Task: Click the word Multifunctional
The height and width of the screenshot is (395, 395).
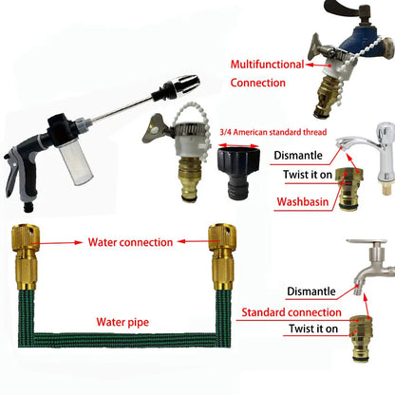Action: pyautogui.click(x=267, y=65)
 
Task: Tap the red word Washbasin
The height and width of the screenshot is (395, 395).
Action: pyautogui.click(x=303, y=201)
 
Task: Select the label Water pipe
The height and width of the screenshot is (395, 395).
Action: pyautogui.click(x=122, y=322)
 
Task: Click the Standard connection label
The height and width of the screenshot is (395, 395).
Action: pyautogui.click(x=292, y=312)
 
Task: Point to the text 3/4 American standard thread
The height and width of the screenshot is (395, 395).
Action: pyautogui.click(x=273, y=132)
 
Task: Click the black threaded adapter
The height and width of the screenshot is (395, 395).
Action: pyautogui.click(x=239, y=174)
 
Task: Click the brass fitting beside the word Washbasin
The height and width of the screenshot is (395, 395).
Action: pyautogui.click(x=348, y=189)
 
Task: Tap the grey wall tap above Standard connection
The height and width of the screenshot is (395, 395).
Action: pyautogui.click(x=373, y=266)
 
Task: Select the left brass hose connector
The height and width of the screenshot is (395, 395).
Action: pyautogui.click(x=26, y=257)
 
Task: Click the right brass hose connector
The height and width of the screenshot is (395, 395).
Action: pyautogui.click(x=222, y=257)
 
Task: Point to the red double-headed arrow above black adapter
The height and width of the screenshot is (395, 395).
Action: pyautogui.click(x=239, y=145)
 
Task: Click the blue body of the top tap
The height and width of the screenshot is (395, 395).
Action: pyautogui.click(x=357, y=47)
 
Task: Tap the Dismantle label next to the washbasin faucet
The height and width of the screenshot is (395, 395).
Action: pyautogui.click(x=298, y=156)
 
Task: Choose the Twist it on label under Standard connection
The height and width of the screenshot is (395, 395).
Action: pyautogui.click(x=313, y=329)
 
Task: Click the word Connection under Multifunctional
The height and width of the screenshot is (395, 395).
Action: pyautogui.click(x=258, y=83)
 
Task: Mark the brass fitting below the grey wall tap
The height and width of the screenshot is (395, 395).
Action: pyautogui.click(x=362, y=338)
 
